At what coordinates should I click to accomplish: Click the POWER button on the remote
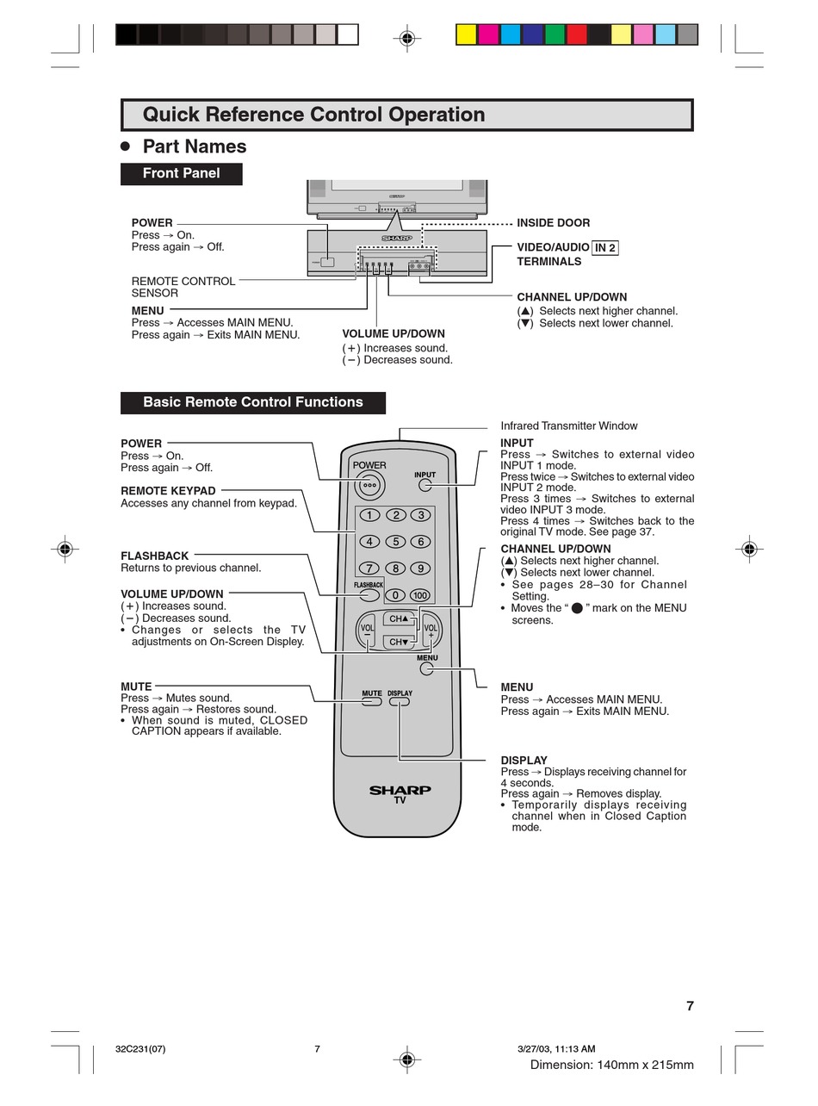[x=369, y=484]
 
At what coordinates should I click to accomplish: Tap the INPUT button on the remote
[x=425, y=485]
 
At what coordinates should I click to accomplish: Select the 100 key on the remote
[x=419, y=595]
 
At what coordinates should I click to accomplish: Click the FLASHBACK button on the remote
[x=369, y=595]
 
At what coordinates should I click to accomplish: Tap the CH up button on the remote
[x=399, y=618]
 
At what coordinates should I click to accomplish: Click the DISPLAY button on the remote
[x=400, y=701]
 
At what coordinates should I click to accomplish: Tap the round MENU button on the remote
[x=426, y=668]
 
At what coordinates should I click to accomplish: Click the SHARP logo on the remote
[x=400, y=790]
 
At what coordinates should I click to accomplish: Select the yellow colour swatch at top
[x=466, y=34]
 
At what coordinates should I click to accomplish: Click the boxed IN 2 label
[x=605, y=247]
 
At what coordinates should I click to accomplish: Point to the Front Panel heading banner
[x=181, y=173]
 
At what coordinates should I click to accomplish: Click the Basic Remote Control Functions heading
[x=252, y=402]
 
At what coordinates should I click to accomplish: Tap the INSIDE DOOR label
[x=553, y=223]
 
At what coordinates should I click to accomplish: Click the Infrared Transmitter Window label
[x=568, y=426]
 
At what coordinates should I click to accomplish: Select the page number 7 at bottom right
[x=690, y=1005]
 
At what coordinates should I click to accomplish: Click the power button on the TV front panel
[x=327, y=262]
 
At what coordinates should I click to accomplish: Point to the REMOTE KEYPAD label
[x=168, y=491]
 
